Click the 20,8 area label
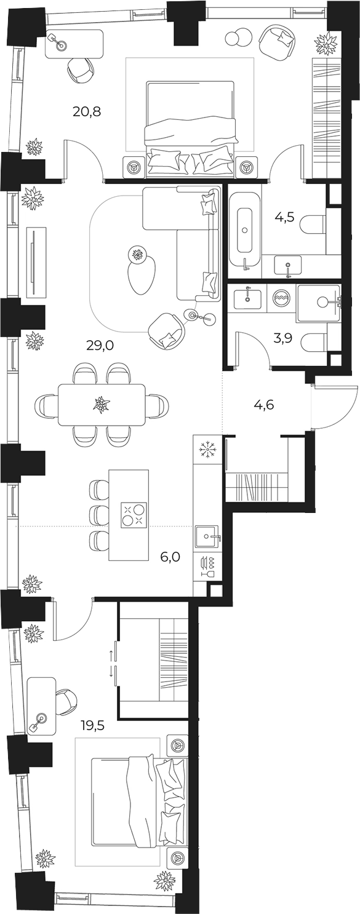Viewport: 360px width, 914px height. (x=87, y=111)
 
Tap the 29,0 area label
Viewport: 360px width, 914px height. (x=100, y=346)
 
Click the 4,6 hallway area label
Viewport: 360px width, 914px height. (x=263, y=405)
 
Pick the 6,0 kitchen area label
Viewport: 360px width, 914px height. (x=170, y=557)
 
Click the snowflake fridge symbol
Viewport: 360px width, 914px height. (x=207, y=451)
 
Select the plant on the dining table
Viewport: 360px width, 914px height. (x=100, y=405)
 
